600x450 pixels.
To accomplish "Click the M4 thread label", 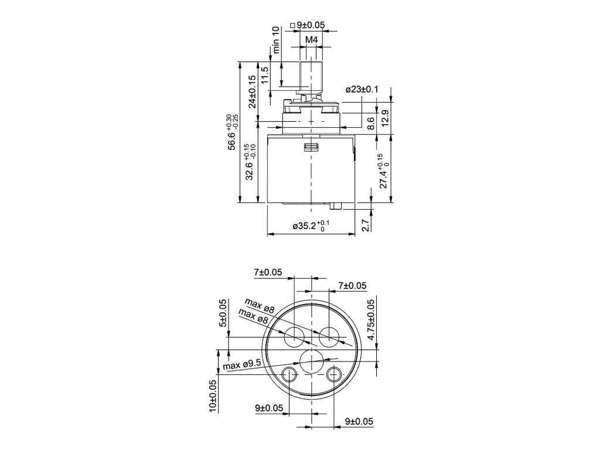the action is tap(312, 39).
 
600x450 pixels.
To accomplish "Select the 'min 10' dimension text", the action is tap(276, 40).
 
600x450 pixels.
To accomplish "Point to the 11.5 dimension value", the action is tap(264, 76).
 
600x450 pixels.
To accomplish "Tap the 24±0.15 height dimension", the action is tap(251, 92).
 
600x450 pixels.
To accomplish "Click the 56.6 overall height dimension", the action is tap(233, 132).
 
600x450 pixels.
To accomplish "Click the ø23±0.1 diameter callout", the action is tap(362, 90).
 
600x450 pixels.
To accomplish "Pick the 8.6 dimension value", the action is tap(371, 124).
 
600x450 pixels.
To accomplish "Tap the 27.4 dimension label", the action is tap(384, 171).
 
